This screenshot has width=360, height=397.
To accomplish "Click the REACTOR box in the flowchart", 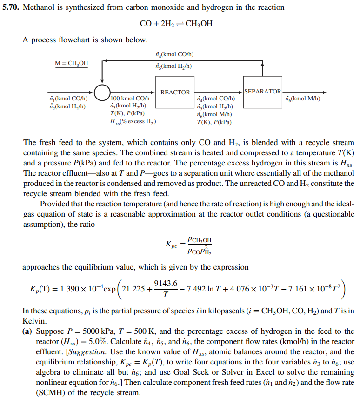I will tap(175, 93).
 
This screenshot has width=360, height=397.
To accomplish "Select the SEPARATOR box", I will tap(262, 91).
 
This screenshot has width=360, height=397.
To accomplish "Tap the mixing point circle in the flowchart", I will tap(102, 93).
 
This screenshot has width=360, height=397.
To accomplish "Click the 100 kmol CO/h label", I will tap(130, 99).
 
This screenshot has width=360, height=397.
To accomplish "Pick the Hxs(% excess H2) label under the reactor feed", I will tap(133, 121).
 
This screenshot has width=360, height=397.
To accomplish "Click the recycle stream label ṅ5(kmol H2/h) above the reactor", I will tap(174, 66).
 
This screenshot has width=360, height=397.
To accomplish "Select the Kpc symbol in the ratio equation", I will tap(171, 244).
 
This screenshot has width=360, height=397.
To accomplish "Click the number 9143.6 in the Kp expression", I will tap(166, 283).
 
